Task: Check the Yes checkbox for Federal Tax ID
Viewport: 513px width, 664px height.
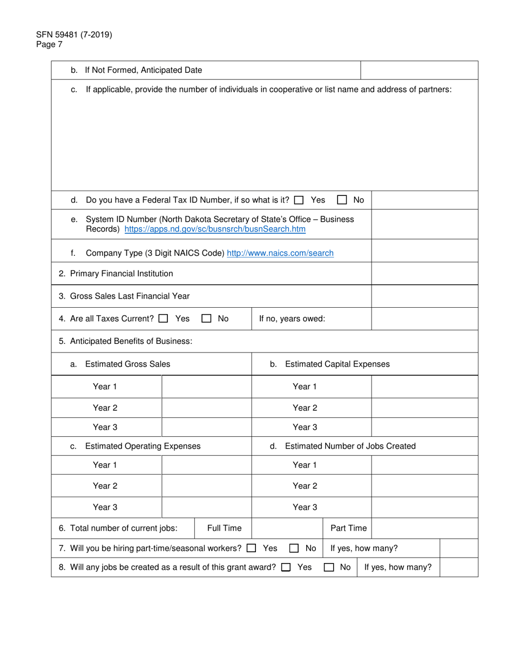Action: (299, 200)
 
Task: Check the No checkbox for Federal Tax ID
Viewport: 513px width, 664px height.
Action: (341, 200)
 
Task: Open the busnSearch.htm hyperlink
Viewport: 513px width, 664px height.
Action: (215, 229)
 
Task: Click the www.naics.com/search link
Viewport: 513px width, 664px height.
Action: (280, 253)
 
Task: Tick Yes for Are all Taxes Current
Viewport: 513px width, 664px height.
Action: (163, 319)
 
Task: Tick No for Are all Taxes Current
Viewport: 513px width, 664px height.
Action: (206, 319)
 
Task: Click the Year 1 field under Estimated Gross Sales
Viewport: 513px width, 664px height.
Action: (207, 387)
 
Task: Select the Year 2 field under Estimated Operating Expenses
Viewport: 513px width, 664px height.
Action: (207, 486)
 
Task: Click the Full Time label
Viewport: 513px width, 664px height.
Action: (225, 528)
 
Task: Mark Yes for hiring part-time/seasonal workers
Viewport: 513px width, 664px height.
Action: (251, 548)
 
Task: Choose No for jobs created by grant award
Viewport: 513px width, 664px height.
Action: (328, 568)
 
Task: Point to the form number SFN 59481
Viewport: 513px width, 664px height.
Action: (75, 35)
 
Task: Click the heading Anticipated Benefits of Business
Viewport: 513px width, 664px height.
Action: (125, 341)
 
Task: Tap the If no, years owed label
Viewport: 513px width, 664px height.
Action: (292, 319)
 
